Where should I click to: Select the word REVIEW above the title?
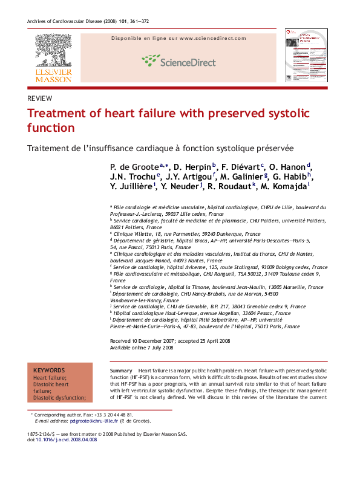coord(40,99)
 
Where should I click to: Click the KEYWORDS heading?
coord(48,370)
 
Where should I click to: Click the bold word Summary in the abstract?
coord(121,369)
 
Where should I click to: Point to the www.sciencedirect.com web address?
coord(213,38)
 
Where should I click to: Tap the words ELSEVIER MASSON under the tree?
coord(53,76)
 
